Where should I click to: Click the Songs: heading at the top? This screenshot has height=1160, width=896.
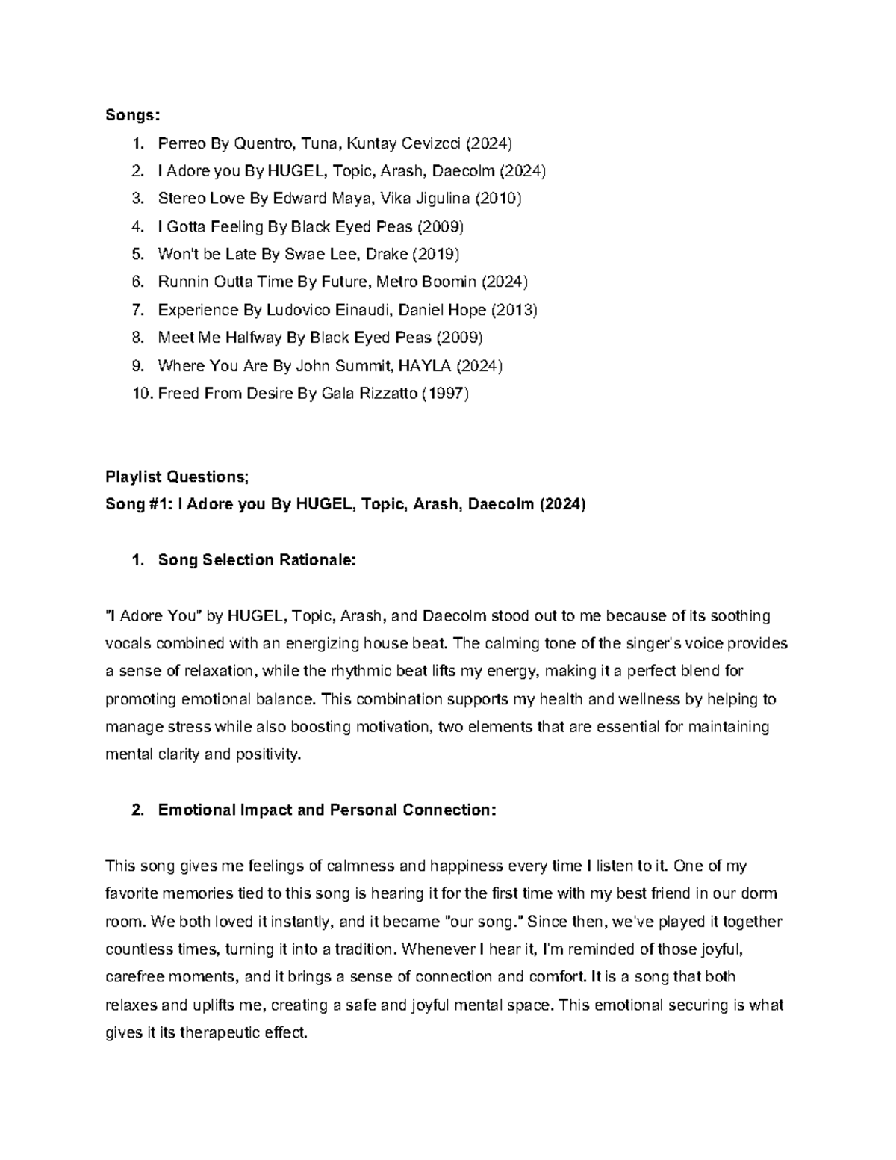click(132, 115)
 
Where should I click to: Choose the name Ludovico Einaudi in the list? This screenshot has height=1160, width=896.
click(352, 309)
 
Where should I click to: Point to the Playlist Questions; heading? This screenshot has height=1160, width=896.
click(178, 477)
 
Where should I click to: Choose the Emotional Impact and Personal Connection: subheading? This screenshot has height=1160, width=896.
click(326, 810)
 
